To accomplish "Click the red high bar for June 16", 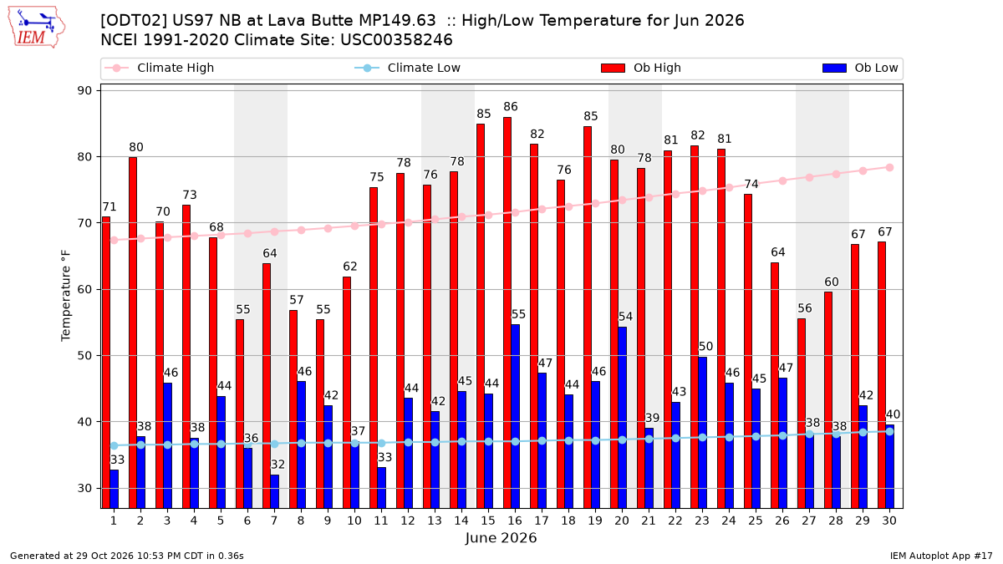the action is click(x=507, y=312).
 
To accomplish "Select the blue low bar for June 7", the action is click(x=274, y=491).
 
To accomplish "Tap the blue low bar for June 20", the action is click(x=622, y=418).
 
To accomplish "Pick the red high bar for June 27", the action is click(x=801, y=413).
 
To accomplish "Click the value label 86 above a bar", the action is click(x=510, y=107).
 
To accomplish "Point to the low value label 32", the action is click(x=277, y=465).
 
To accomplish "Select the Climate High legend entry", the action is click(x=159, y=68).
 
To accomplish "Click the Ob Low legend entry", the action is click(x=860, y=68).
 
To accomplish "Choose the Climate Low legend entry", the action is click(x=407, y=68).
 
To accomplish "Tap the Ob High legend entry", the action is click(x=641, y=68).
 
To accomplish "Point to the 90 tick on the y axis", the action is click(x=84, y=91).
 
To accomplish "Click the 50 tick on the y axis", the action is click(x=84, y=356).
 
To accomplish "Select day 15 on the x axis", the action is click(x=488, y=521).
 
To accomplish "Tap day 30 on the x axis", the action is click(x=889, y=521).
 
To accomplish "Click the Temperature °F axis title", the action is click(x=66, y=296).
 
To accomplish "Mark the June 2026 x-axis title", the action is click(x=501, y=538).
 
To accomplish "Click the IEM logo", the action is click(x=36, y=28).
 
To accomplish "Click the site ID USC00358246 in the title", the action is click(x=396, y=40).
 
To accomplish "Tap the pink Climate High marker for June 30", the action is click(x=889, y=168).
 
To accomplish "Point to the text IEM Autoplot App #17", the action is click(x=941, y=556).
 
